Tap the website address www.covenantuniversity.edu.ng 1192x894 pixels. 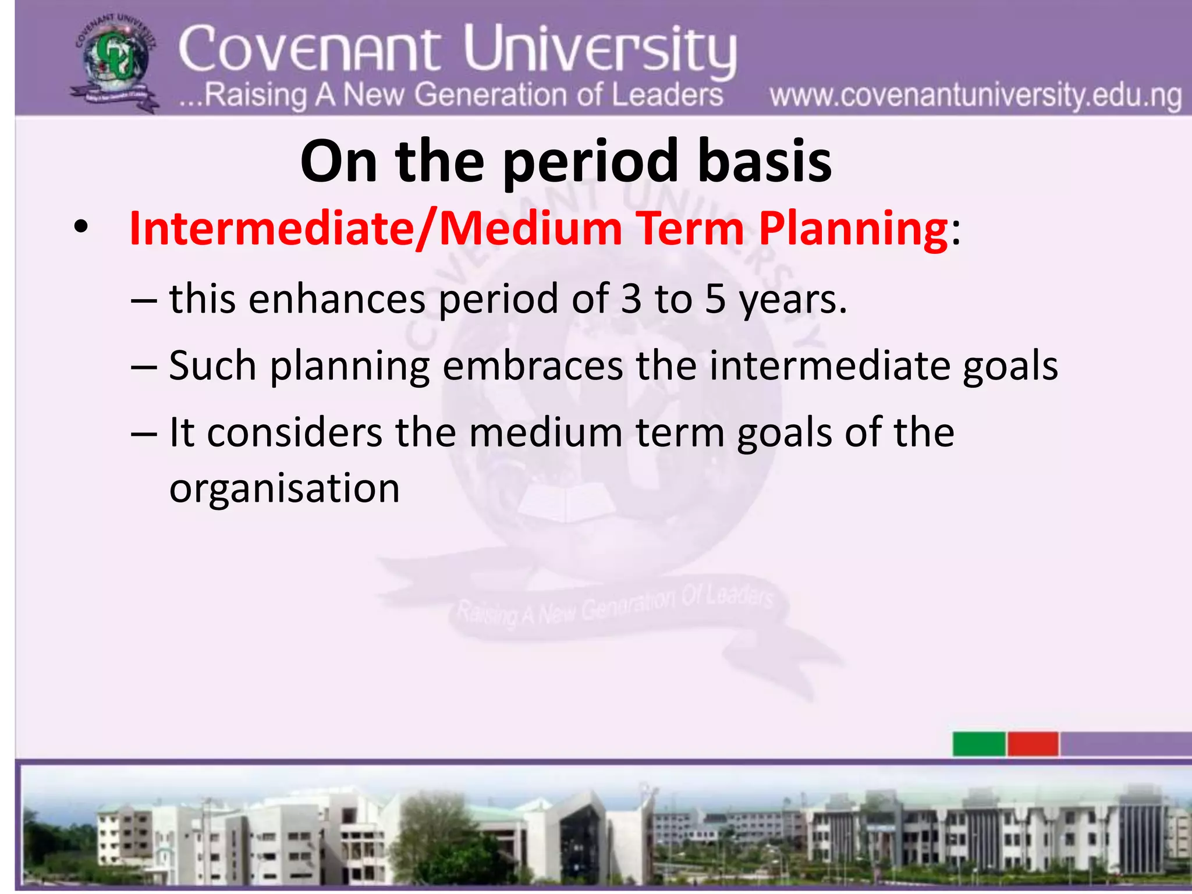pos(975,96)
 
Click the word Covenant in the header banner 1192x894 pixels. pos(309,50)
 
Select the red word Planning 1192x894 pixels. pos(853,228)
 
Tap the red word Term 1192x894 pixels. pos(690,228)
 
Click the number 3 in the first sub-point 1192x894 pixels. pos(631,299)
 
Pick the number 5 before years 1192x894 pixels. pos(715,299)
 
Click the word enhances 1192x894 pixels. pos(337,299)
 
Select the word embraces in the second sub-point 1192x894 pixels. pos(533,366)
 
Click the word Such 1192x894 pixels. pos(212,366)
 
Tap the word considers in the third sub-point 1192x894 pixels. pos(295,432)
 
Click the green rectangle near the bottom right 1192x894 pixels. pos(978,744)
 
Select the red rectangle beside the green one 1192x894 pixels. pos(1033,744)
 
